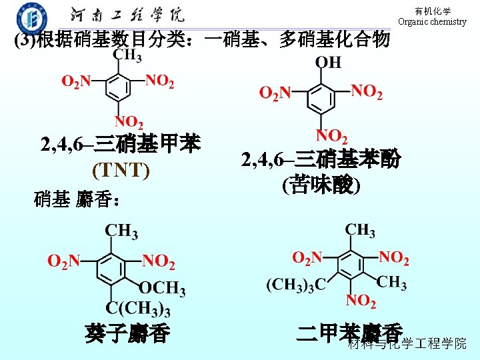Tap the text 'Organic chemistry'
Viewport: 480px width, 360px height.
click(x=432, y=21)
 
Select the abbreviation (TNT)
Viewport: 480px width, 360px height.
click(x=121, y=171)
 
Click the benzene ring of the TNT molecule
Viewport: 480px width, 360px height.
click(x=117, y=85)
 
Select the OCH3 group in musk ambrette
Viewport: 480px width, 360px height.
click(x=162, y=289)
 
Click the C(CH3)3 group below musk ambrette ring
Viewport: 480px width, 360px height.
click(x=138, y=309)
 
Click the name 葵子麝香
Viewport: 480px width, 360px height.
click(x=127, y=333)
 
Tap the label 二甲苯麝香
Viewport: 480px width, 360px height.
click(x=349, y=332)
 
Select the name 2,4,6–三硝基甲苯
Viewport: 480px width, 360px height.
click(x=120, y=145)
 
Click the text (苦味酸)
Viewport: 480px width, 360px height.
click(x=321, y=184)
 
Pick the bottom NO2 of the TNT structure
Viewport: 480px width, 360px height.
click(x=128, y=122)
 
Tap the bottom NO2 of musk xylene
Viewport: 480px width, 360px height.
click(x=361, y=301)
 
